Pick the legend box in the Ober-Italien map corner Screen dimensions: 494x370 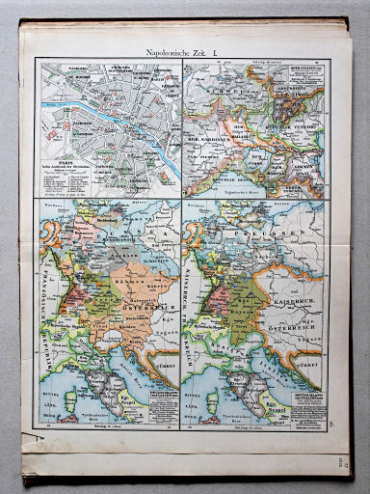point(302,75)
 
